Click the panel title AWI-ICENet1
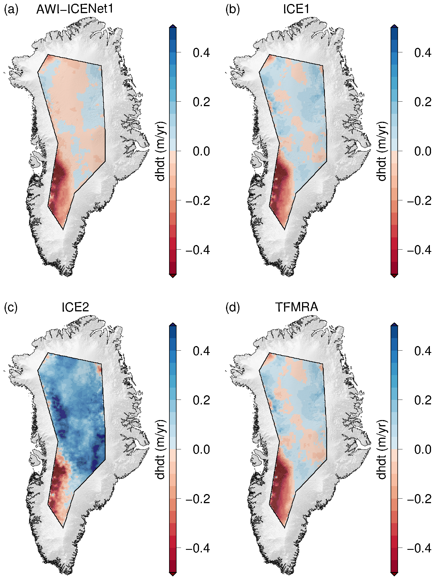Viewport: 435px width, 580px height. coord(75,9)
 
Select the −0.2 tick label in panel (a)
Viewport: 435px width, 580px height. coord(198,200)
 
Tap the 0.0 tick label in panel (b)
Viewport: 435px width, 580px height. coord(423,151)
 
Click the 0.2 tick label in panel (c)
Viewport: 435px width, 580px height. coord(201,400)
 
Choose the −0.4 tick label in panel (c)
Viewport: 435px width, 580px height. coord(198,548)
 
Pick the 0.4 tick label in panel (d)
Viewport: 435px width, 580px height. coord(423,351)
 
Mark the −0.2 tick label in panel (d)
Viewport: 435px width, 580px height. coord(419,499)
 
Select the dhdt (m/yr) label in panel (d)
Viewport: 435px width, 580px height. coord(382,449)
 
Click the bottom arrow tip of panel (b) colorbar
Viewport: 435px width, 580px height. coord(394,277)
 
